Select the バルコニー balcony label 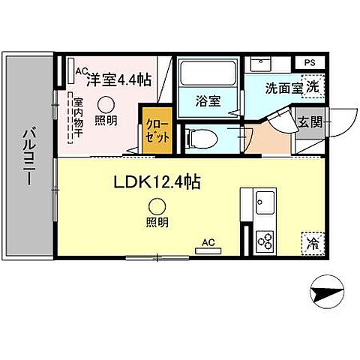coord(28,156)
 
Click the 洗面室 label coord(283,87)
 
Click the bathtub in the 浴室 coord(208,75)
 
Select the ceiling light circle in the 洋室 coord(106,105)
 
